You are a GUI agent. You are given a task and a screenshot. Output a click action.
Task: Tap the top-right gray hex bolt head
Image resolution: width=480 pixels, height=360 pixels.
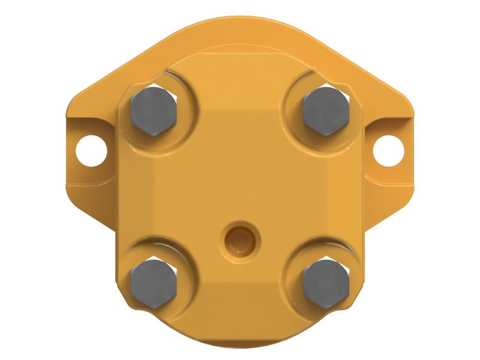[x=326, y=110]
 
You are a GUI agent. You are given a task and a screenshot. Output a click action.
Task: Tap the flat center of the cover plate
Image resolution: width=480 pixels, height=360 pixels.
[x=240, y=174]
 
